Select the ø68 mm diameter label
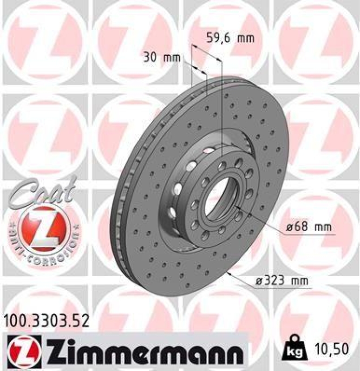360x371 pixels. point(302,228)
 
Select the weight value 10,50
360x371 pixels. point(330,347)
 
